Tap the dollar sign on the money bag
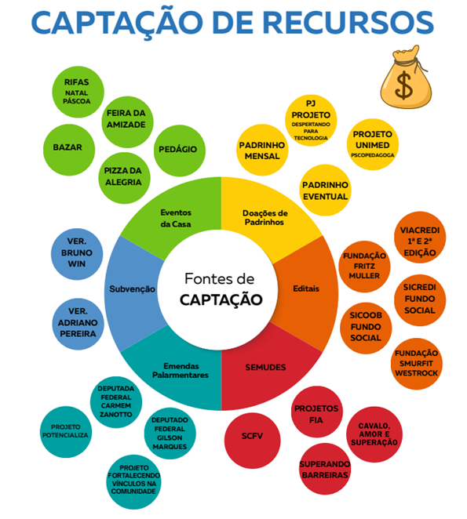point(404,86)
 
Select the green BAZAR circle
point(69,150)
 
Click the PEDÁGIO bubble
point(180,151)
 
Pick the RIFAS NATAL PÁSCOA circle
point(78,92)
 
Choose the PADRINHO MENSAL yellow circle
point(262,150)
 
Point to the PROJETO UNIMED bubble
point(373,144)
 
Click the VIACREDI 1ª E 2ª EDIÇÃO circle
point(420,238)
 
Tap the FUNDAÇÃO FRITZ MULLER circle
point(364,267)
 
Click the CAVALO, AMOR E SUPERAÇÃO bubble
point(374,434)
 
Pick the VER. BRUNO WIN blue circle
point(77,254)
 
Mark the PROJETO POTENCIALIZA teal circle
point(66,432)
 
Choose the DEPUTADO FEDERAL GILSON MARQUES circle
point(170,434)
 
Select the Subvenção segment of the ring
point(133,289)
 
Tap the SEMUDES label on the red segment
point(265,368)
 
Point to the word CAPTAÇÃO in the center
point(221,300)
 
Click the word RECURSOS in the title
point(348,23)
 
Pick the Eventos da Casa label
point(176,218)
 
